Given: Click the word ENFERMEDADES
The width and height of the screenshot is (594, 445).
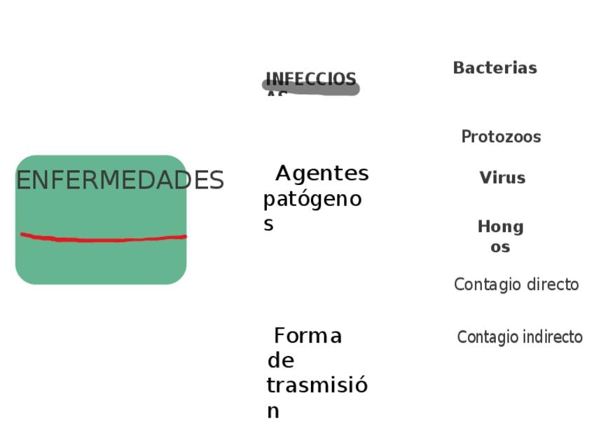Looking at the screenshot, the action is [120, 181].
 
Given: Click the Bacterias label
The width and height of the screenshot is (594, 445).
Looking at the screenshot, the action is [495, 68].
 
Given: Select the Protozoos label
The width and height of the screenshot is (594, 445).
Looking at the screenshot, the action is [501, 137].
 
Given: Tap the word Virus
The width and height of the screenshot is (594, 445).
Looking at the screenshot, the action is [502, 178].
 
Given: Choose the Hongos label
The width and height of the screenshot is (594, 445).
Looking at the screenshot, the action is [500, 236].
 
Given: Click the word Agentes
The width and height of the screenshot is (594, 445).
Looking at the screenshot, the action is [322, 173].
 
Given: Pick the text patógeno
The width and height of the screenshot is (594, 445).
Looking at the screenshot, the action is [312, 200].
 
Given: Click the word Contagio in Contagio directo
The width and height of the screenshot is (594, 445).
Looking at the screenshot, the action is [483, 285].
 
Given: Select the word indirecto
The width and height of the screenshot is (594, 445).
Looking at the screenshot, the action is [550, 337].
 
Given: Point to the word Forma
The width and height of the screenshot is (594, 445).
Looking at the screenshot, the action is [308, 336].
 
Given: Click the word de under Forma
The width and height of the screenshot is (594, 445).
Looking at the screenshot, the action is [280, 361].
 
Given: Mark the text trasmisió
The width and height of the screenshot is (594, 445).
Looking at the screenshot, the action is [317, 385].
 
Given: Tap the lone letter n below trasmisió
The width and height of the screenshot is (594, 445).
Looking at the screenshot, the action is [272, 411].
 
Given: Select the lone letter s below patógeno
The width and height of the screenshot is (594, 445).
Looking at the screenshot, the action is [268, 224].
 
